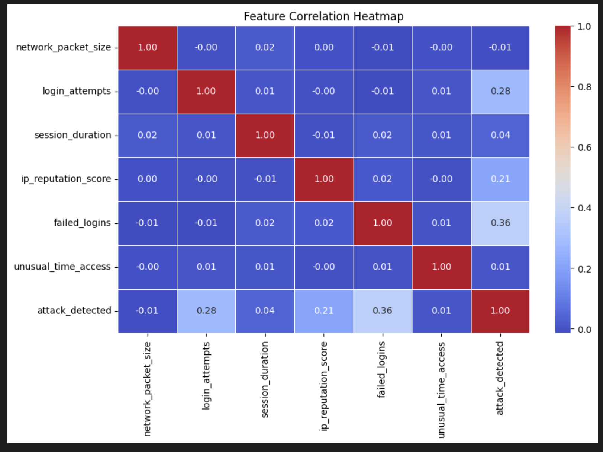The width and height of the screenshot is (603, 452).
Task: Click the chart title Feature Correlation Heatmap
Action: pyautogui.click(x=323, y=16)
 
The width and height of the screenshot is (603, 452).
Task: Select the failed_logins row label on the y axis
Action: pyautogui.click(x=82, y=223)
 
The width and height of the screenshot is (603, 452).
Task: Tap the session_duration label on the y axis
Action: pyautogui.click(x=73, y=135)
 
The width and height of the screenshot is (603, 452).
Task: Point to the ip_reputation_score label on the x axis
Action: pyautogui.click(x=324, y=386)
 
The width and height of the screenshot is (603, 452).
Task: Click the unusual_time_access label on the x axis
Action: pyautogui.click(x=441, y=389)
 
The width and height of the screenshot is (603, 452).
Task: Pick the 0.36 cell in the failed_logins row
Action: pyautogui.click(x=500, y=223)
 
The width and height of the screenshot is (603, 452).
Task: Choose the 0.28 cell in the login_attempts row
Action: pyautogui.click(x=500, y=91)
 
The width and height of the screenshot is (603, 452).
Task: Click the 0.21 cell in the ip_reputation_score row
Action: pyautogui.click(x=500, y=179)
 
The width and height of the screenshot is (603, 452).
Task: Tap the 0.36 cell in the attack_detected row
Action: pyautogui.click(x=383, y=311)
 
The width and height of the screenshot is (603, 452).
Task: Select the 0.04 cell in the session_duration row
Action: pyautogui.click(x=500, y=135)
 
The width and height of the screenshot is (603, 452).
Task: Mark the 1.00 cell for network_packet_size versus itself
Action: pyautogui.click(x=148, y=48)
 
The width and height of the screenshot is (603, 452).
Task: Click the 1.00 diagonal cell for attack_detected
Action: pyautogui.click(x=500, y=311)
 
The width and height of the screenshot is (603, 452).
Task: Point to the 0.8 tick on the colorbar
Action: pyautogui.click(x=584, y=87)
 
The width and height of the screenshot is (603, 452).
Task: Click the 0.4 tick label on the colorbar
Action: pyautogui.click(x=584, y=208)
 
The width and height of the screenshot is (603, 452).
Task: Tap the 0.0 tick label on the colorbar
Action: pyautogui.click(x=584, y=330)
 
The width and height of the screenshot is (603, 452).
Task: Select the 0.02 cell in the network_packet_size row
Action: pyautogui.click(x=265, y=48)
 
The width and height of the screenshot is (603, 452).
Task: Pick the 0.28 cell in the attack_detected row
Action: pyautogui.click(x=206, y=311)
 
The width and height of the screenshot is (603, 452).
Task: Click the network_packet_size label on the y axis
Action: pyautogui.click(x=64, y=47)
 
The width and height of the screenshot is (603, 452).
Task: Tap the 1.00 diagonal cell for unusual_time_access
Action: pyautogui.click(x=441, y=267)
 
